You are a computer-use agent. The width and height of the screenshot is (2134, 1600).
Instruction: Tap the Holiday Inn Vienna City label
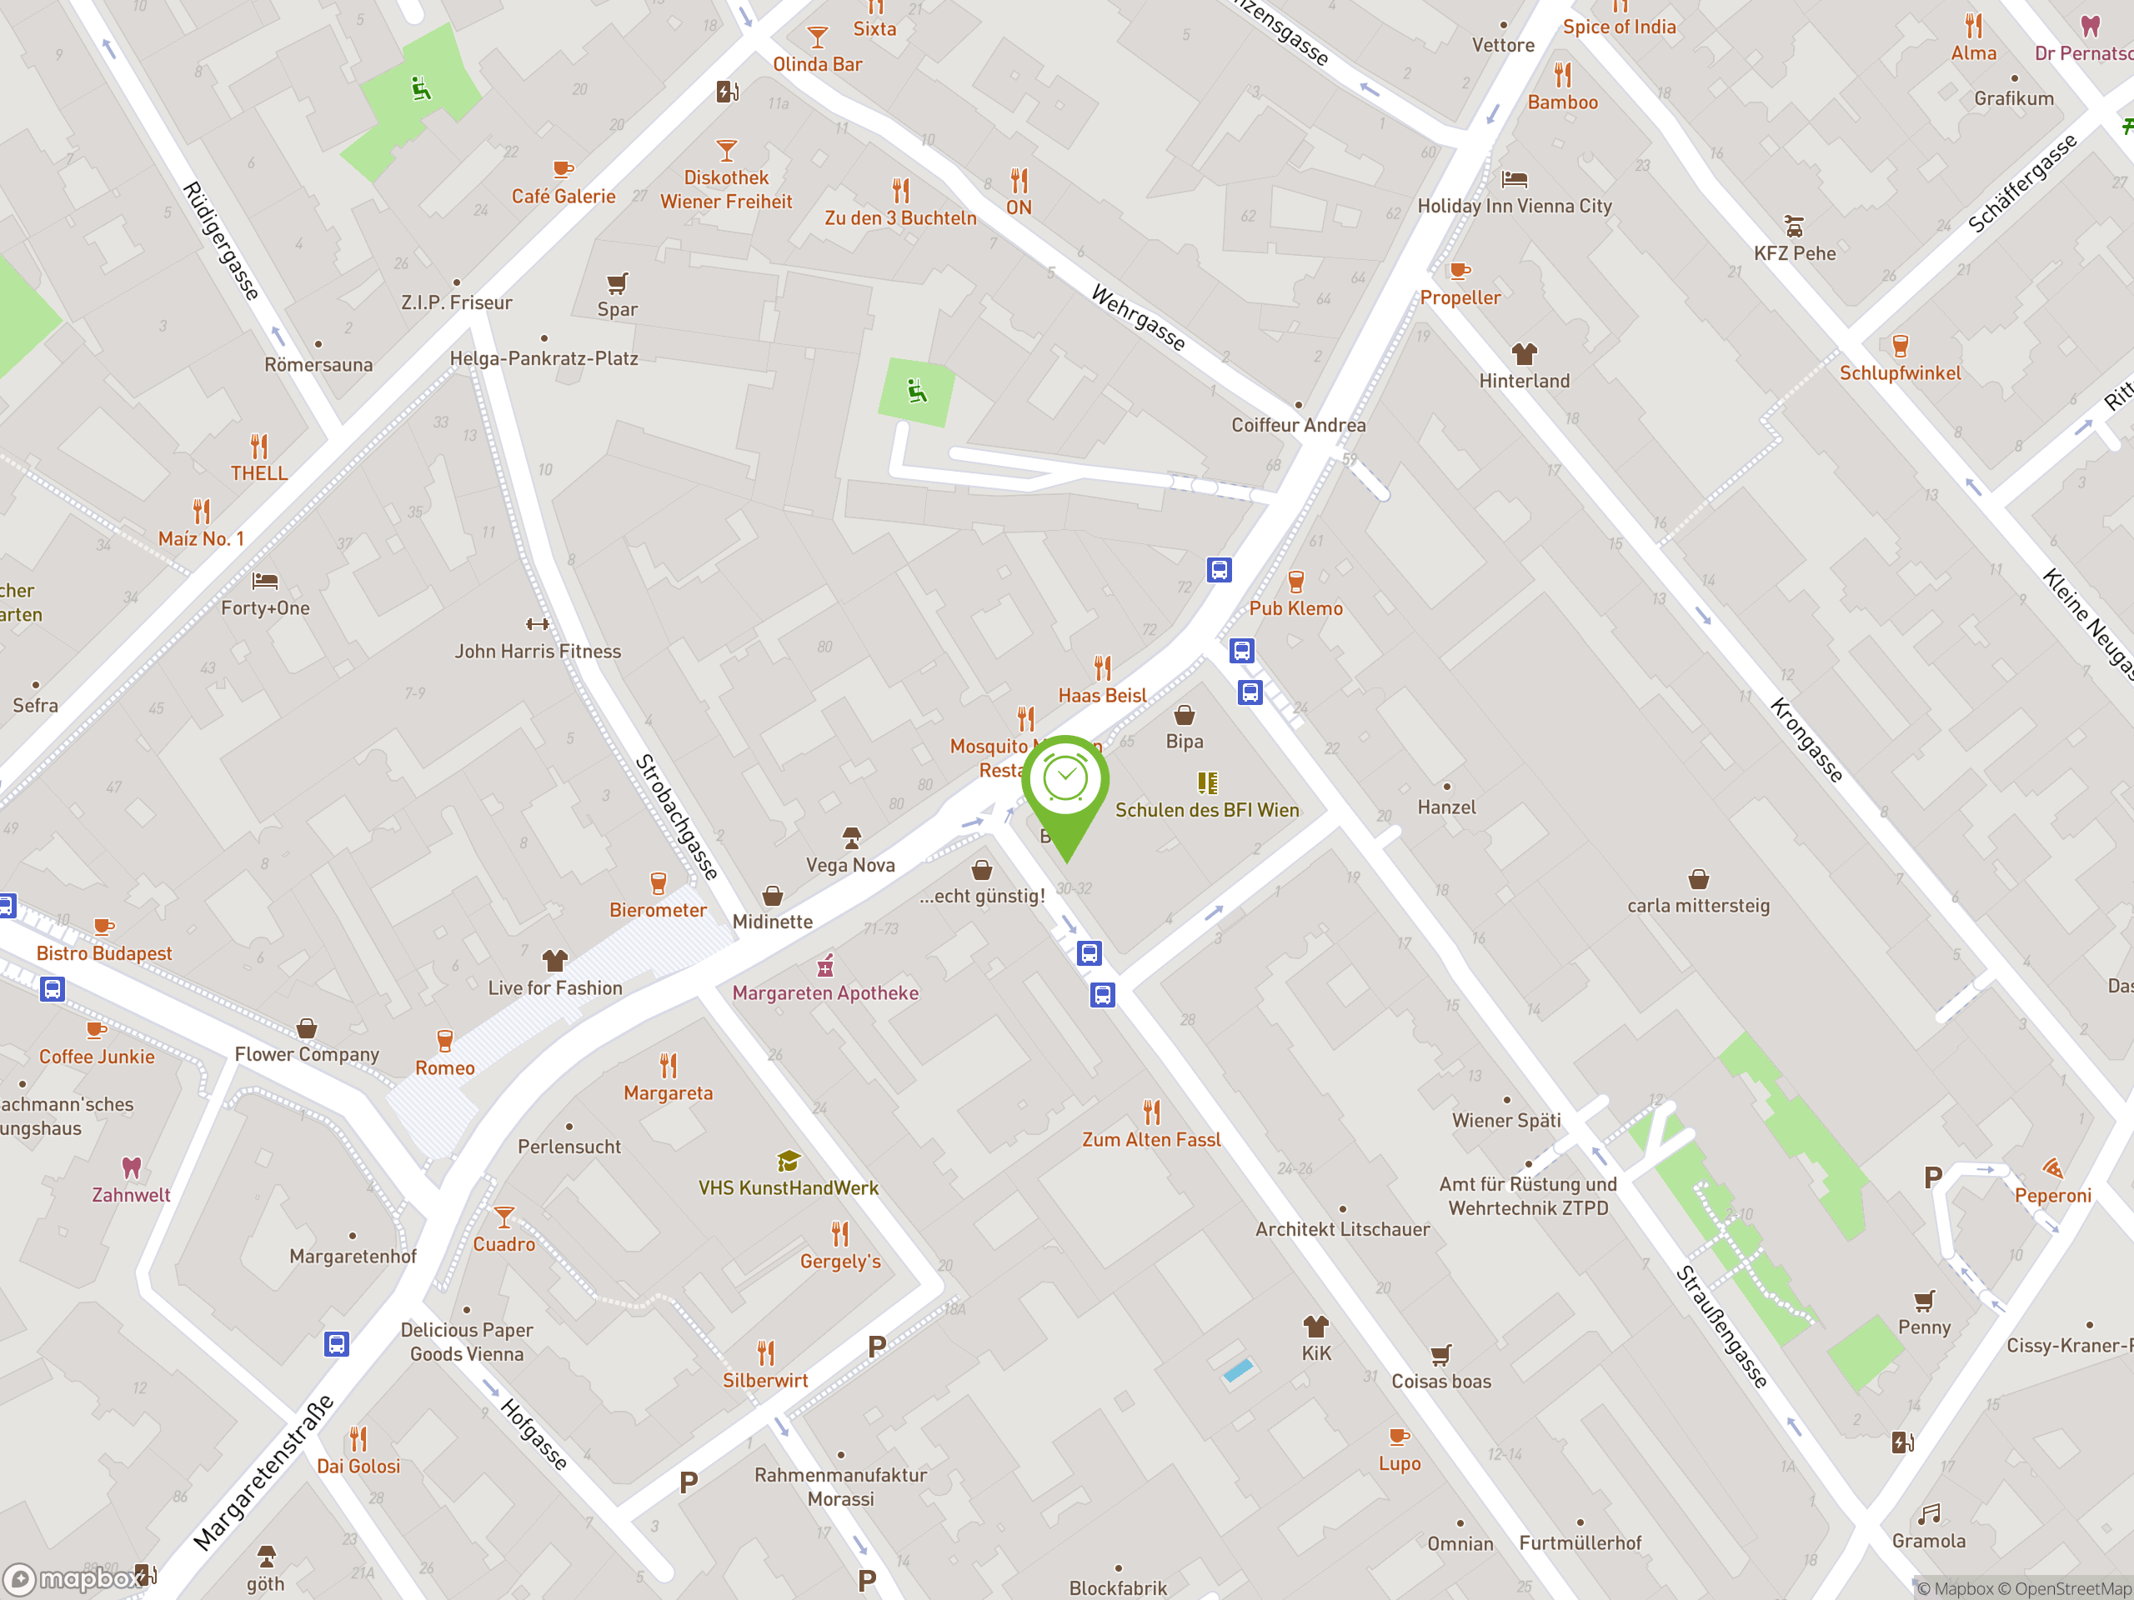click(x=1514, y=207)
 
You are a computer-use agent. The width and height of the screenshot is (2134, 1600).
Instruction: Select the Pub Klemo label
click(x=1295, y=608)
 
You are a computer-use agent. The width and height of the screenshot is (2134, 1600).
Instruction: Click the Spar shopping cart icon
click(x=618, y=283)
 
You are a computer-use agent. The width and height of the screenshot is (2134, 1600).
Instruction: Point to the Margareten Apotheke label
click(x=825, y=993)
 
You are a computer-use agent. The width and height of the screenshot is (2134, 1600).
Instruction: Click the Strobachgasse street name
click(x=677, y=816)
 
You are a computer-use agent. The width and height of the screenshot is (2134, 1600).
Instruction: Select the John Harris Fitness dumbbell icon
click(x=538, y=624)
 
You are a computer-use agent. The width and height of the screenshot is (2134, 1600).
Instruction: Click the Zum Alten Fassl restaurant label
click(x=1151, y=1140)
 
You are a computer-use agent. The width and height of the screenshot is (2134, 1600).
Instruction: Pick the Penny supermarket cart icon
click(x=1924, y=1301)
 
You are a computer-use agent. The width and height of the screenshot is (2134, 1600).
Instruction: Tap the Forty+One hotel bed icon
click(x=265, y=581)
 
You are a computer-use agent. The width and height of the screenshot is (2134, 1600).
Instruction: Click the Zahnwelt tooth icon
click(x=131, y=1168)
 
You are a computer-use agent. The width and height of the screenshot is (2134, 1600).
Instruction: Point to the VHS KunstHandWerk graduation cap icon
click(x=789, y=1161)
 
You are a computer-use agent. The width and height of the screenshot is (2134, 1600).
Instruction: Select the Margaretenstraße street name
click(x=263, y=1472)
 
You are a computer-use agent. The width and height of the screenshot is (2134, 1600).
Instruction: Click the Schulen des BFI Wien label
click(x=1207, y=810)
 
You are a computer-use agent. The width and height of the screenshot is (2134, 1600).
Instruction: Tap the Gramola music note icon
click(x=1928, y=1514)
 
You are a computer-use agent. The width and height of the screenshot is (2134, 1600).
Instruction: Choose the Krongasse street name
click(x=1806, y=740)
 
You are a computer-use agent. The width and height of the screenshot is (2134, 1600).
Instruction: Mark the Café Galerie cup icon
click(x=564, y=170)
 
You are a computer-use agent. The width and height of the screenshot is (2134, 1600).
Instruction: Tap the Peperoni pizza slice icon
click(x=2052, y=1169)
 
